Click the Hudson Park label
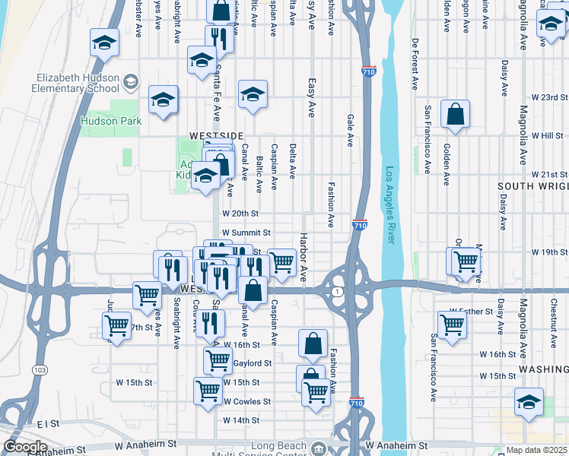(111, 121)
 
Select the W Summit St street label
(246, 233)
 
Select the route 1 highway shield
(335, 292)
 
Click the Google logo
(25, 447)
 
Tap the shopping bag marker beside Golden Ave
(454, 115)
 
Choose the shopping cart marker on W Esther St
(452, 324)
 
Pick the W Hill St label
(549, 135)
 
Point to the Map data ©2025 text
(537, 451)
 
